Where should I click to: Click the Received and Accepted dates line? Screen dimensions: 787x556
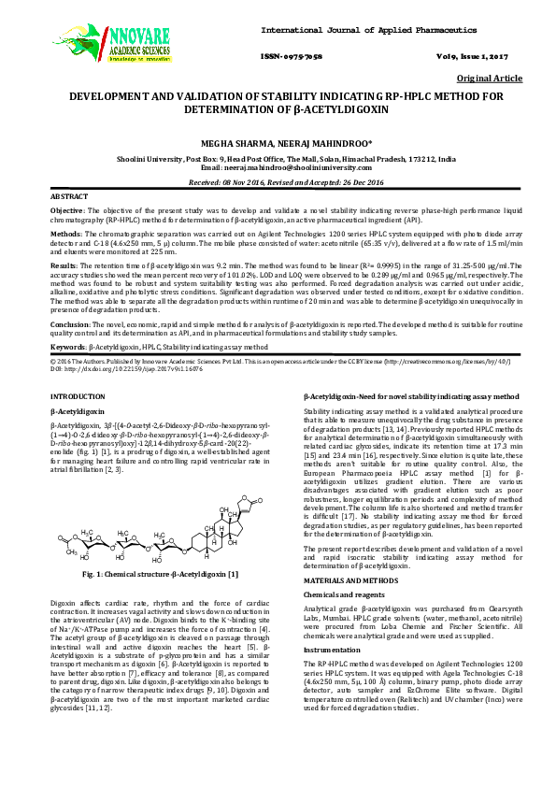tap(278, 182)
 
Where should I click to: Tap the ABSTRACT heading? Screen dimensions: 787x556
tap(68, 198)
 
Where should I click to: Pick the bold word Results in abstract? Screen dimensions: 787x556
tap(65, 266)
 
